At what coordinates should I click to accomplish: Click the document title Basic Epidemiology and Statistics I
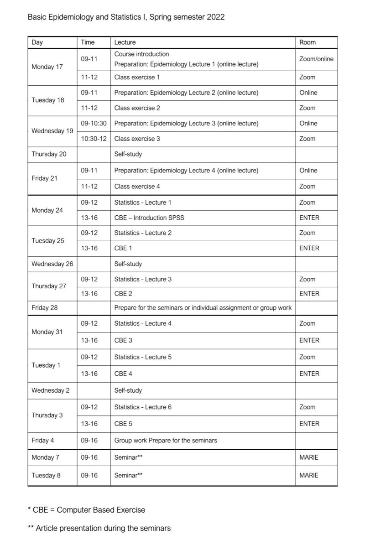(x=126, y=17)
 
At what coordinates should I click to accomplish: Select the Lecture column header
(x=125, y=42)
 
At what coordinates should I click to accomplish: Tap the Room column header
(x=307, y=42)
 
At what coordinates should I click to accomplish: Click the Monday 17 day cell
(x=47, y=67)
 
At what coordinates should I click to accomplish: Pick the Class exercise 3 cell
(x=137, y=139)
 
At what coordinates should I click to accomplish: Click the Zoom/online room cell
(x=316, y=59)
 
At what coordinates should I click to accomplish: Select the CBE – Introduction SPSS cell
(x=149, y=218)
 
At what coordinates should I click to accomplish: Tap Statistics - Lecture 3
(x=143, y=279)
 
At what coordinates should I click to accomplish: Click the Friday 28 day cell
(x=45, y=307)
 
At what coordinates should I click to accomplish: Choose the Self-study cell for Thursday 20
(x=128, y=154)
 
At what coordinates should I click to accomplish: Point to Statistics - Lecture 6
(x=143, y=407)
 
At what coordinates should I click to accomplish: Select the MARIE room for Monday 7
(x=309, y=457)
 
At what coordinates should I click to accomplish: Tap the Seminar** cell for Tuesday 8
(x=128, y=475)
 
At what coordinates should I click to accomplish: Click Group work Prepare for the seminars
(x=165, y=440)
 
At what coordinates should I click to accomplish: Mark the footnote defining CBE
(x=86, y=509)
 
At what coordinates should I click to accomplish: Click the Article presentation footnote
(x=99, y=528)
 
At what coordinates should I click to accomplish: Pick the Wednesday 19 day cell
(x=52, y=131)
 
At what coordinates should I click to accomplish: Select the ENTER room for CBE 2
(x=309, y=294)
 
